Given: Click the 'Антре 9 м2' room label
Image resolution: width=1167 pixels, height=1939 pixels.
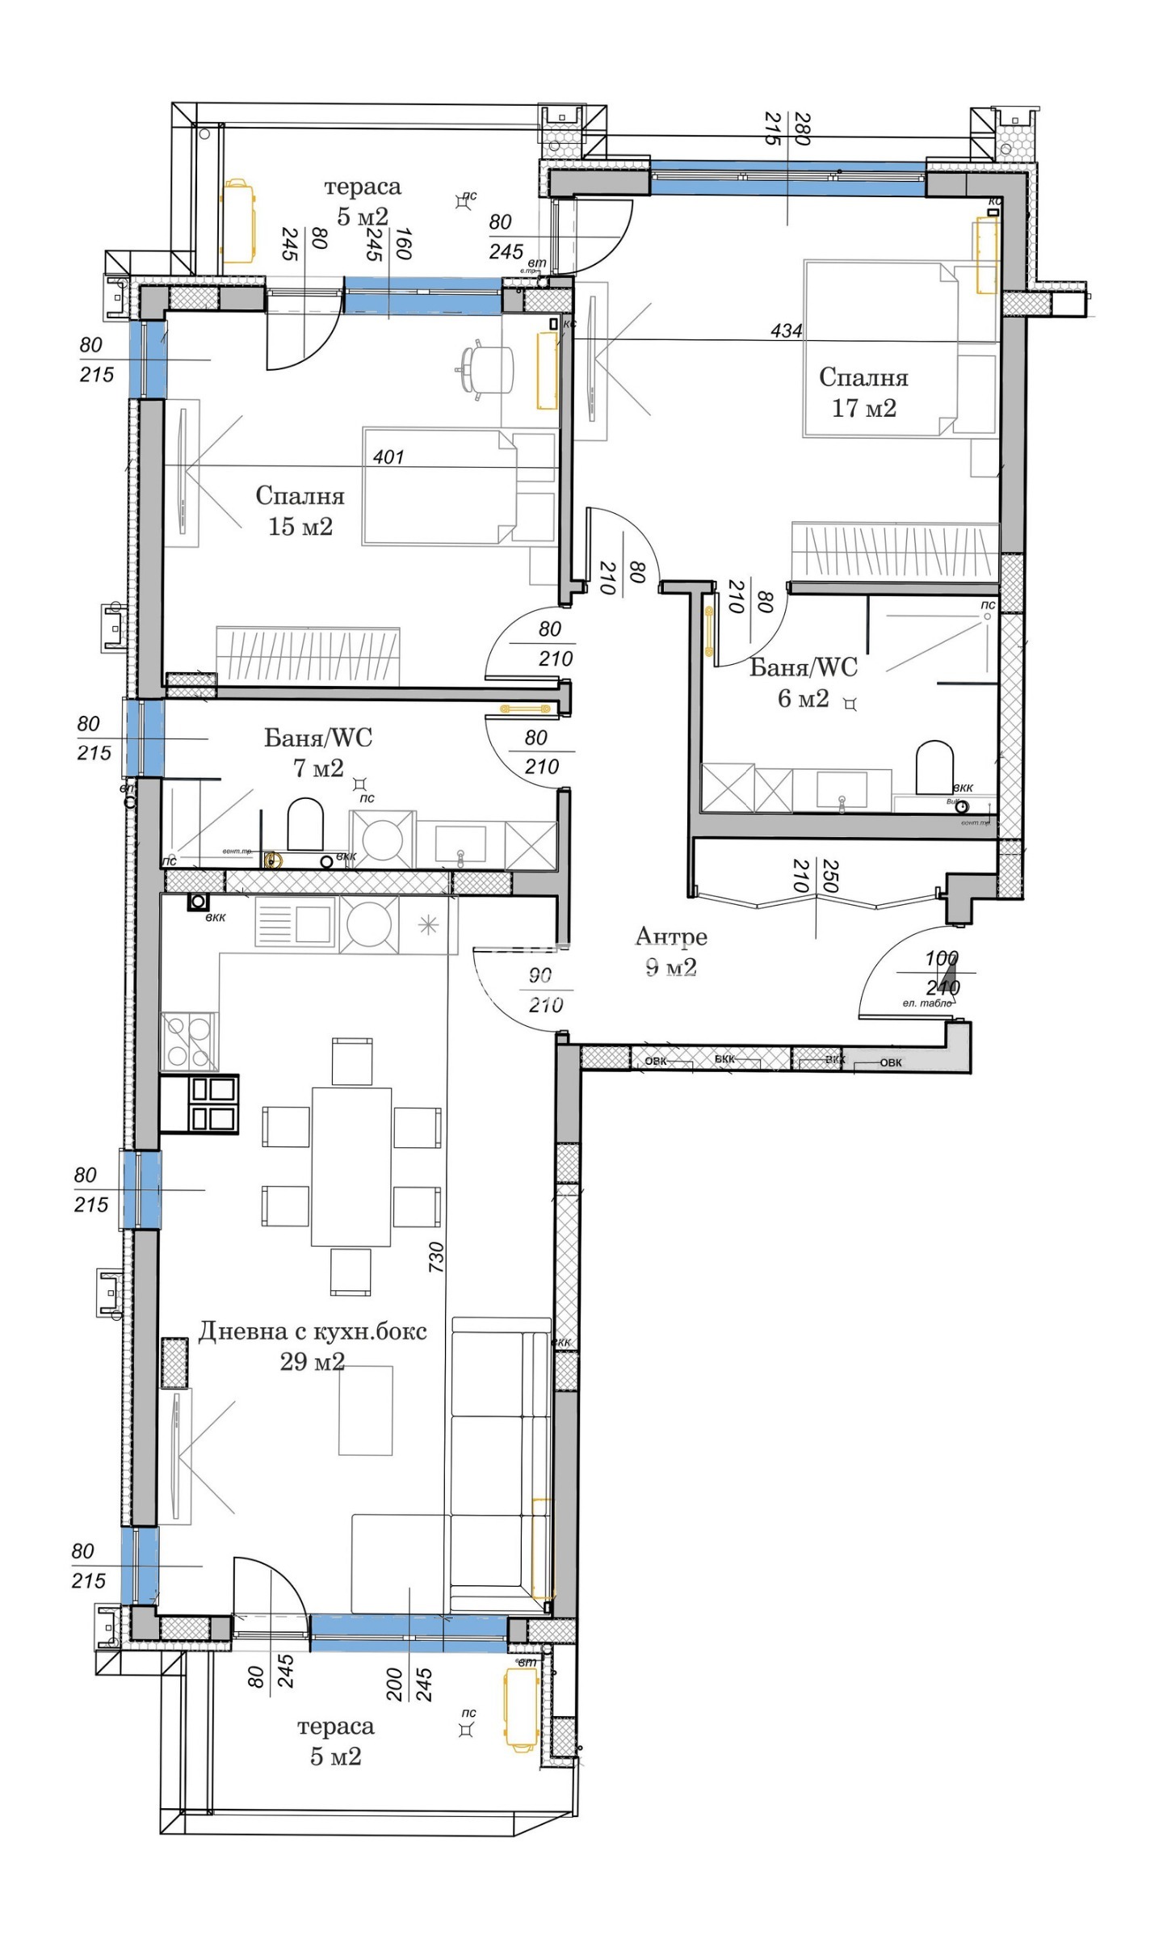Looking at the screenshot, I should point(671,951).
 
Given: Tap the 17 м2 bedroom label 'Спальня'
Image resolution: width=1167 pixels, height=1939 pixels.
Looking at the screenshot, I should point(863,377).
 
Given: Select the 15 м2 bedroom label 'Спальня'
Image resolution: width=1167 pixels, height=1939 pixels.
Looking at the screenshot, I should point(300,496).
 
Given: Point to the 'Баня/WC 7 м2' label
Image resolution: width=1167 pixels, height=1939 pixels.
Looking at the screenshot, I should point(318,752).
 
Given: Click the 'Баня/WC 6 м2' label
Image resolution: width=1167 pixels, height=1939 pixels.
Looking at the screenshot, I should point(804,682).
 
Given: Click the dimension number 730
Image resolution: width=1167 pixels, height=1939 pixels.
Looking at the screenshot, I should point(436,1257).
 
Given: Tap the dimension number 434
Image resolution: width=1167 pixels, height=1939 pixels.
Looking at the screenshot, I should point(786,330).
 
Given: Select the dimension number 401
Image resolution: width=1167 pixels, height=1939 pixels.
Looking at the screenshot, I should point(388,457).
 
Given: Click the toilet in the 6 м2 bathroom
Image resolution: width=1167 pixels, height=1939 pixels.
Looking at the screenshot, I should point(934,767).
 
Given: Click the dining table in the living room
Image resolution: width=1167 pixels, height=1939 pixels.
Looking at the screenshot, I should point(351,1167).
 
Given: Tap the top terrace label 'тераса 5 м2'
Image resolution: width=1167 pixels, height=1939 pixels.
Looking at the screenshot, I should point(362,201).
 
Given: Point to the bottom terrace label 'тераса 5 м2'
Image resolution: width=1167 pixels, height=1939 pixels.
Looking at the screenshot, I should point(335,1742).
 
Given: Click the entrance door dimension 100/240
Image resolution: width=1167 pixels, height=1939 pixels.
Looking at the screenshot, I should point(942,973).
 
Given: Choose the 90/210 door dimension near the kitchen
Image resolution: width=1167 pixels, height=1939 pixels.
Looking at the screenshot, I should point(544,991).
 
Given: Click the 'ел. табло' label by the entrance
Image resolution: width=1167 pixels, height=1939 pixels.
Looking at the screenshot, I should point(926,1003).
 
